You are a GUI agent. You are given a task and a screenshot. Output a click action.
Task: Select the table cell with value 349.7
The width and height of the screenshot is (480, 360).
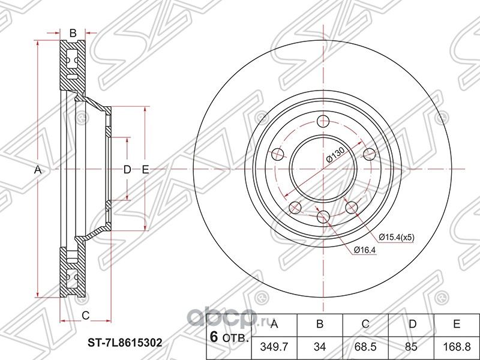tap(274, 347)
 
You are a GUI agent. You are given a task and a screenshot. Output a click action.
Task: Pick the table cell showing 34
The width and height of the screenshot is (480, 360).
tap(320, 347)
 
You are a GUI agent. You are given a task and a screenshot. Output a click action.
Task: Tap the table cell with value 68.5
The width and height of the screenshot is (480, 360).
tap(365, 347)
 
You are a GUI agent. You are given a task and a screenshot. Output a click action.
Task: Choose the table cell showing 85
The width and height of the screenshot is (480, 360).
tap(411, 347)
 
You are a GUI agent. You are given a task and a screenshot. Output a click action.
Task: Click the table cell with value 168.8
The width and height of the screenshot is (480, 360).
tap(457, 347)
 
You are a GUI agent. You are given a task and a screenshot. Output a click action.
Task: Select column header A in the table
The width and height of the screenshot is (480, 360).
tap(274, 324)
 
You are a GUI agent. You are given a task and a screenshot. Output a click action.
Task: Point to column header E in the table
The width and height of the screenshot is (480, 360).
tap(457, 324)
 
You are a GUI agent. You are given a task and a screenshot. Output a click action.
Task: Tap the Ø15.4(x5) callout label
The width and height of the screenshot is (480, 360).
tap(396, 237)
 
